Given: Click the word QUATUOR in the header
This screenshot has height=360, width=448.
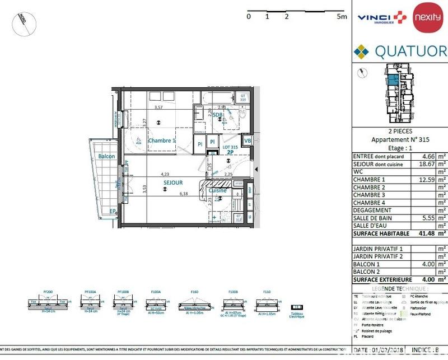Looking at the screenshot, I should [x=410, y=52].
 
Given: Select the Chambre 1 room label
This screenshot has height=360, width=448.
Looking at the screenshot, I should [x=162, y=141].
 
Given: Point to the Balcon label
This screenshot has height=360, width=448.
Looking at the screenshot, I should [x=106, y=156].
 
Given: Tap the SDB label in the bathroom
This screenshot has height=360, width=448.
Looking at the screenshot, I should [x=218, y=115].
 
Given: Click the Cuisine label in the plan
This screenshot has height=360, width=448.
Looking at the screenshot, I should [x=218, y=190].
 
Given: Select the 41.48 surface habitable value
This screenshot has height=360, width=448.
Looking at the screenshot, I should [x=420, y=233].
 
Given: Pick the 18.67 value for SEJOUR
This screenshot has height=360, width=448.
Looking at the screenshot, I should [x=420, y=165].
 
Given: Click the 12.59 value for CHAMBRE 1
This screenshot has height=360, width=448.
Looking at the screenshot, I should [x=420, y=180].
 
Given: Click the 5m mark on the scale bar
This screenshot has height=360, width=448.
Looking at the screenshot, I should [x=342, y=17].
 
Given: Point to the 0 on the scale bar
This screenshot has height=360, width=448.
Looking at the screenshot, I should [x=248, y=17].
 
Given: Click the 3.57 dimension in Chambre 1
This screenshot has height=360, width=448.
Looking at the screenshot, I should [x=158, y=107].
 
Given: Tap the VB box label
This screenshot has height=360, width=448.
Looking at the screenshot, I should [x=247, y=141].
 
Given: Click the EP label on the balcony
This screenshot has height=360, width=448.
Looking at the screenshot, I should [x=113, y=211].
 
